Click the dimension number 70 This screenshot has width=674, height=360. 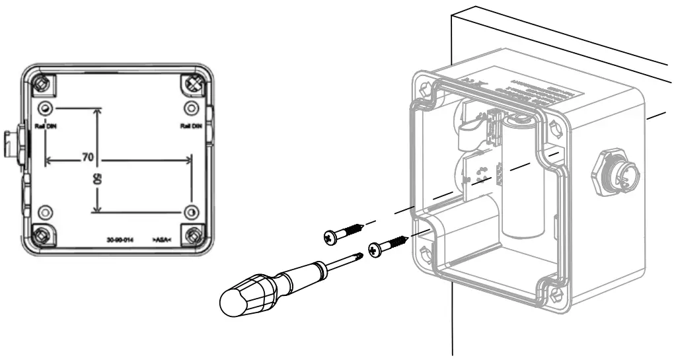point(87,159)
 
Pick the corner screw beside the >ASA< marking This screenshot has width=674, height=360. point(194,234)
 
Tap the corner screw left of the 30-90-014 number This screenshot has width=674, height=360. point(43,234)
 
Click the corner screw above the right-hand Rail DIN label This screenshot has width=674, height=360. point(194,83)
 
